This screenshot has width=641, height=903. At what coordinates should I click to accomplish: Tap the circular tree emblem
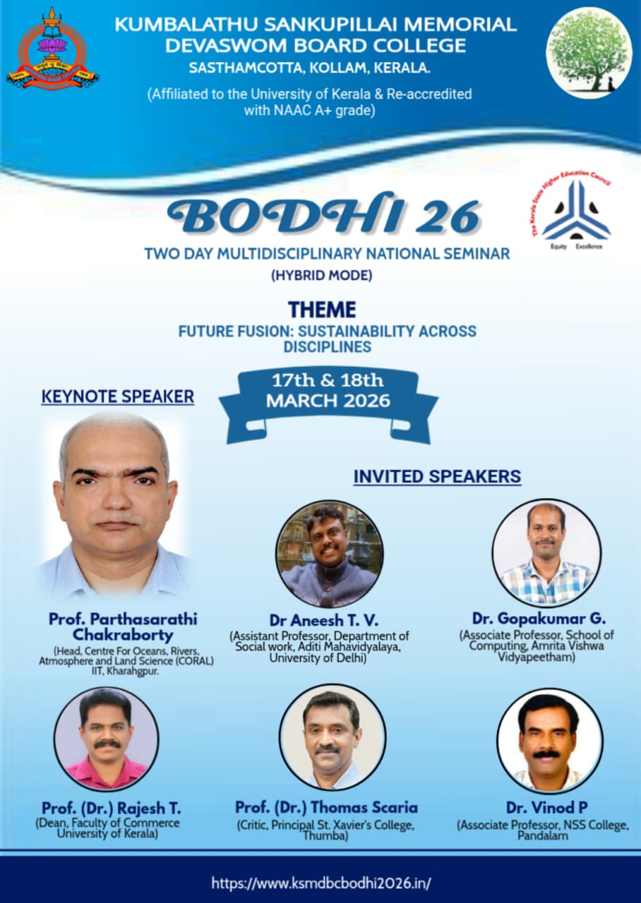coord(589,53)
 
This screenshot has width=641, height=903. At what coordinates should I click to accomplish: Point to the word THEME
coord(322,310)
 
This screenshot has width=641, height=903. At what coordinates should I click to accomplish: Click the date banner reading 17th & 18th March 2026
coord(328,406)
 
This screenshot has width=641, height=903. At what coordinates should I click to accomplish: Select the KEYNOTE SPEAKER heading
coord(118,396)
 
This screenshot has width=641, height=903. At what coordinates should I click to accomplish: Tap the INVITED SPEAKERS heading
coord(437,476)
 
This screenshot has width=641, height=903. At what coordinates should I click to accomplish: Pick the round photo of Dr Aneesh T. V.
coord(330,554)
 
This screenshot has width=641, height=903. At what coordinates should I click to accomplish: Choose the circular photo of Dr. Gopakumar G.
coord(546,552)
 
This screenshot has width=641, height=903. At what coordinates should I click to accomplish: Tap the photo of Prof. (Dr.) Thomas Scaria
coord(333,737)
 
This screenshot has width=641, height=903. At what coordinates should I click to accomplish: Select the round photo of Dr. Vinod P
coord(550,740)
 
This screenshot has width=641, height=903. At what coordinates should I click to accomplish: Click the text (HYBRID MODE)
coord(321,275)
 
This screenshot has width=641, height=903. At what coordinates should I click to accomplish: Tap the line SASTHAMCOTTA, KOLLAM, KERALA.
coord(310,68)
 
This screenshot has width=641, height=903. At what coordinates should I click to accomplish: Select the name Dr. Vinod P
coord(546,808)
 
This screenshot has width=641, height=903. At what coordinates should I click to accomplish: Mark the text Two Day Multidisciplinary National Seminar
coord(327,254)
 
